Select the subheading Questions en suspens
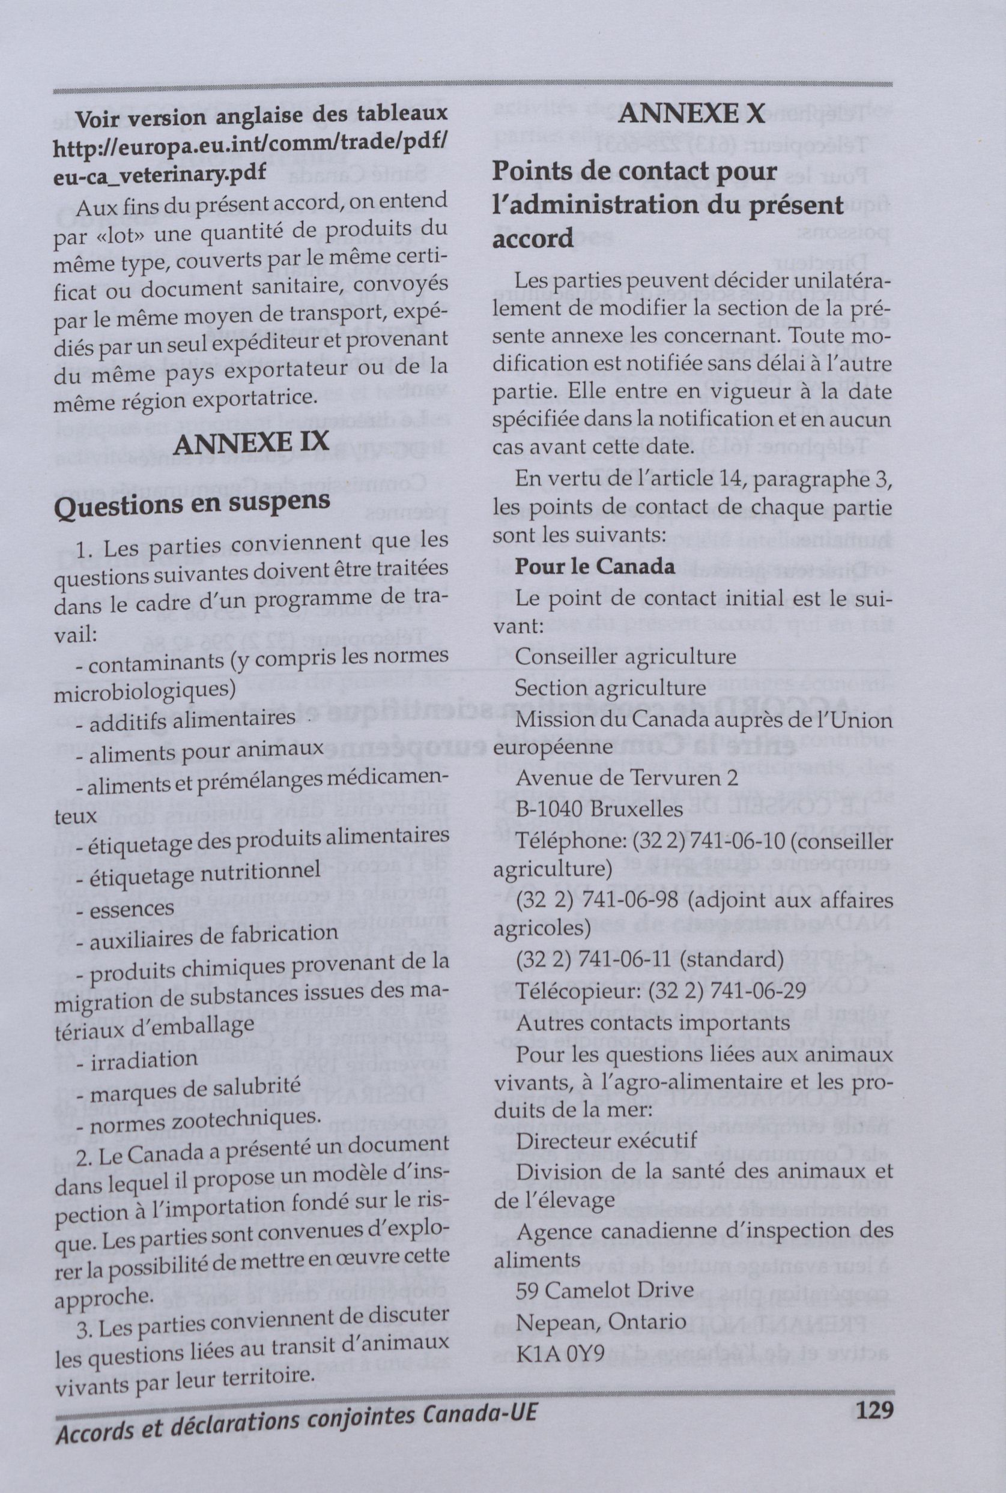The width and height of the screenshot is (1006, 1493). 192,504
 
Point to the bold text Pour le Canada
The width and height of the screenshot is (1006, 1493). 595,567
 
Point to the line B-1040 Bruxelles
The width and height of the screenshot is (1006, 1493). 600,809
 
